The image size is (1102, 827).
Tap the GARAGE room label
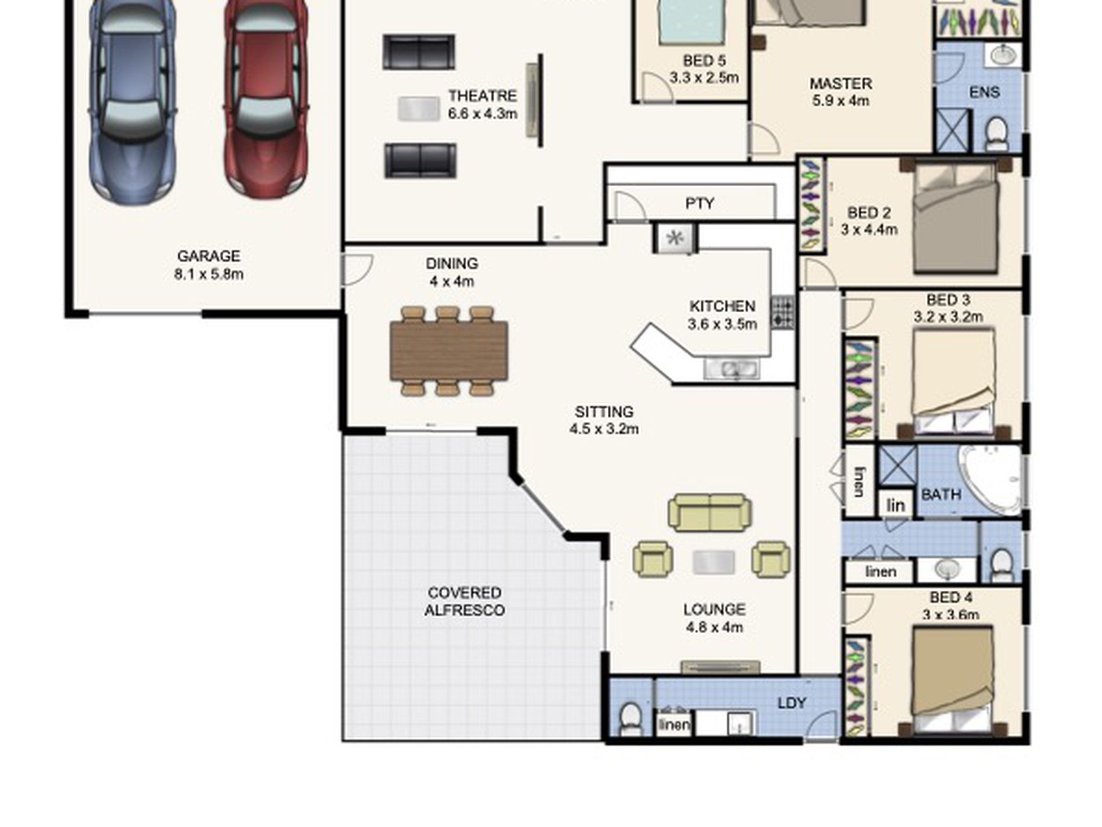click(208, 256)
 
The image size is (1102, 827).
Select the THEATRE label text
click(482, 96)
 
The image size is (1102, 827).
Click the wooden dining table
click(449, 351)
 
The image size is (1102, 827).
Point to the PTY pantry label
click(699, 204)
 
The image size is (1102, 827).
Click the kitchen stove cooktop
click(782, 313)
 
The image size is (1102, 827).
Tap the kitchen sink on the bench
click(732, 369)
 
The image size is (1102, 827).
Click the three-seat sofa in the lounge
click(710, 513)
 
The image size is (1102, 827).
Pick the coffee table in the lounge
click(713, 562)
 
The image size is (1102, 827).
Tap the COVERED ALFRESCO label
click(465, 601)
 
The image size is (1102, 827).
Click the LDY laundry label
click(792, 703)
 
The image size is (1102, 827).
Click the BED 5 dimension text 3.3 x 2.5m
click(704, 77)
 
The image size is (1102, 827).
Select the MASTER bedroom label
click(841, 84)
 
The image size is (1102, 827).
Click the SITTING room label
click(604, 412)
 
